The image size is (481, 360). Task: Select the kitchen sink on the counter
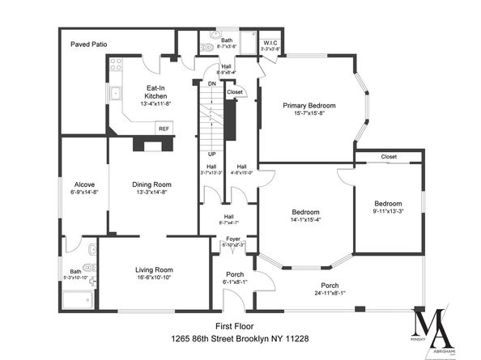(117, 95)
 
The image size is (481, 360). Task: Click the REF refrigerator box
(164, 128)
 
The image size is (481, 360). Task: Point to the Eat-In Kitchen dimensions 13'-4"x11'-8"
(156, 103)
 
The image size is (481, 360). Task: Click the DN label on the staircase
(212, 83)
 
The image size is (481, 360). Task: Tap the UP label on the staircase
(212, 154)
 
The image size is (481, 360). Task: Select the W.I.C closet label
(271, 43)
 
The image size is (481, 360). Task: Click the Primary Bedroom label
(309, 105)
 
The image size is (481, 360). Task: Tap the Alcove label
(84, 184)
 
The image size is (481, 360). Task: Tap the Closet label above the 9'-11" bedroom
(389, 157)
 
